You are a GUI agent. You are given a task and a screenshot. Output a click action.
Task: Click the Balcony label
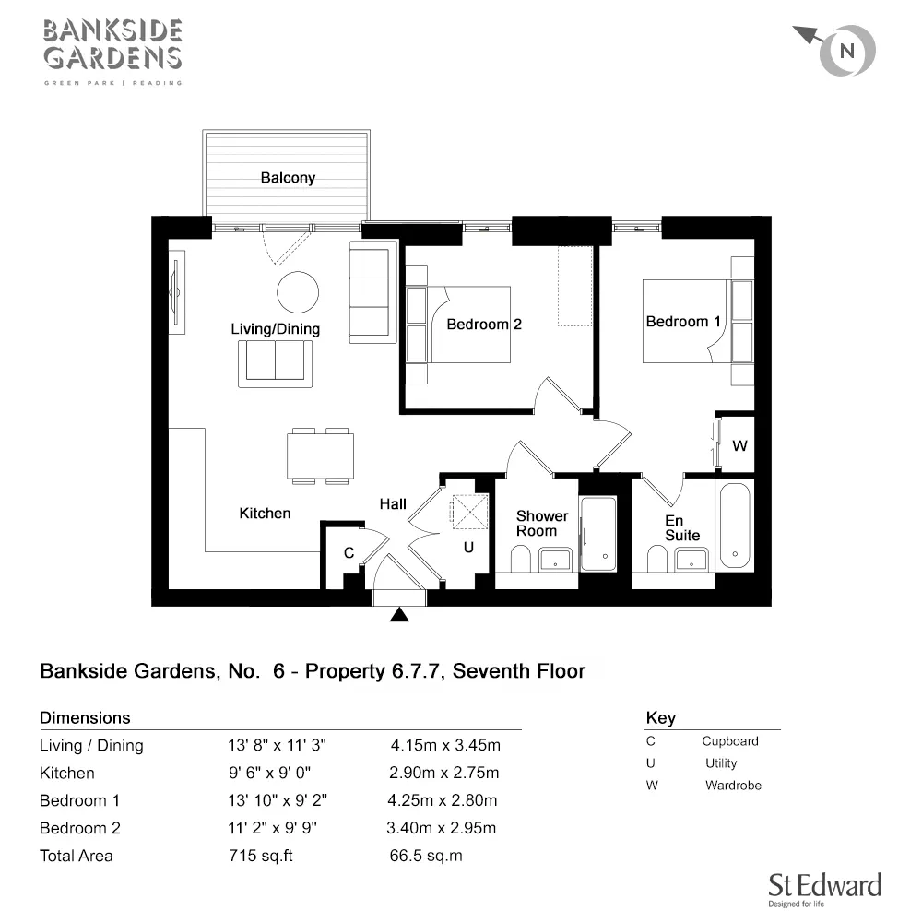288,178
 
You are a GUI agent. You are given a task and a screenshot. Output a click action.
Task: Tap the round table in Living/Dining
298,292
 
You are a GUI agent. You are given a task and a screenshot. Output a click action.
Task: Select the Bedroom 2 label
484,324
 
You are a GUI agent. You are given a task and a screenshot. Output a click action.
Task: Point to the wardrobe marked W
738,444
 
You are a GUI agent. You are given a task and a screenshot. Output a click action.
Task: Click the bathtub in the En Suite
735,526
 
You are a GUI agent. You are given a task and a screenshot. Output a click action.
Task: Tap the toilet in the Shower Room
520,559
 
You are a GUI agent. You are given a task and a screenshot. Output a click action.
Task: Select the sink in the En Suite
691,560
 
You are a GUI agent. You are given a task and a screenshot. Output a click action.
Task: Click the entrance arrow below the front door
399,614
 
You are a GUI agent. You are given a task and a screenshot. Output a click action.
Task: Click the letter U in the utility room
468,548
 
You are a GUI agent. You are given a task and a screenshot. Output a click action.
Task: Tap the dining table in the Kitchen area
321,456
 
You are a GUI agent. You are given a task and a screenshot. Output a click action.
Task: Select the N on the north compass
846,51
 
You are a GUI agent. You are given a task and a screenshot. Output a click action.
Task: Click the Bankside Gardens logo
112,53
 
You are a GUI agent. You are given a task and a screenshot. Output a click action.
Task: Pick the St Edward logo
825,889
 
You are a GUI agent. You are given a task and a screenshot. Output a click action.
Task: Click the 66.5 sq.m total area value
426,856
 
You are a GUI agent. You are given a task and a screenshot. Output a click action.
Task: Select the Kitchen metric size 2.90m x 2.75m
444,773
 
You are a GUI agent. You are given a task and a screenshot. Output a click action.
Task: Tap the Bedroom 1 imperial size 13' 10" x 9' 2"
277,800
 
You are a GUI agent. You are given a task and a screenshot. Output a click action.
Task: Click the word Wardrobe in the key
733,785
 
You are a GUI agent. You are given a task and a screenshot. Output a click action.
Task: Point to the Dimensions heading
85,718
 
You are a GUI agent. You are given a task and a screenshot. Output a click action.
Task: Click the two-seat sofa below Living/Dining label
275,364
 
